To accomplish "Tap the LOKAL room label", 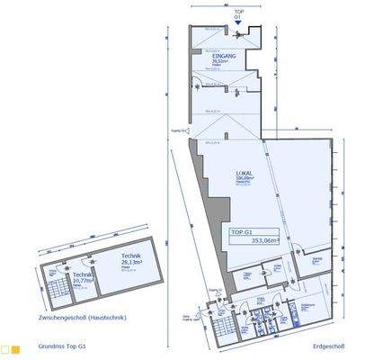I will (243, 172).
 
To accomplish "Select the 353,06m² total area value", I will (266, 240).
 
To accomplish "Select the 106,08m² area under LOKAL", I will (243, 178).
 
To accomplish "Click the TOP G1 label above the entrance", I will (236, 13).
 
